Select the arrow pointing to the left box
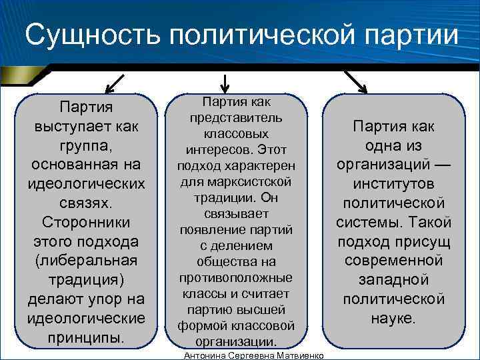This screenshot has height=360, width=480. coord(115,83)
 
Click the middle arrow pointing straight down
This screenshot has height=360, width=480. coord(225,83)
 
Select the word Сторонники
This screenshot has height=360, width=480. coord(85,221)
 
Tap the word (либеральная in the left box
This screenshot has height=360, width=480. coord(85,259)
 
